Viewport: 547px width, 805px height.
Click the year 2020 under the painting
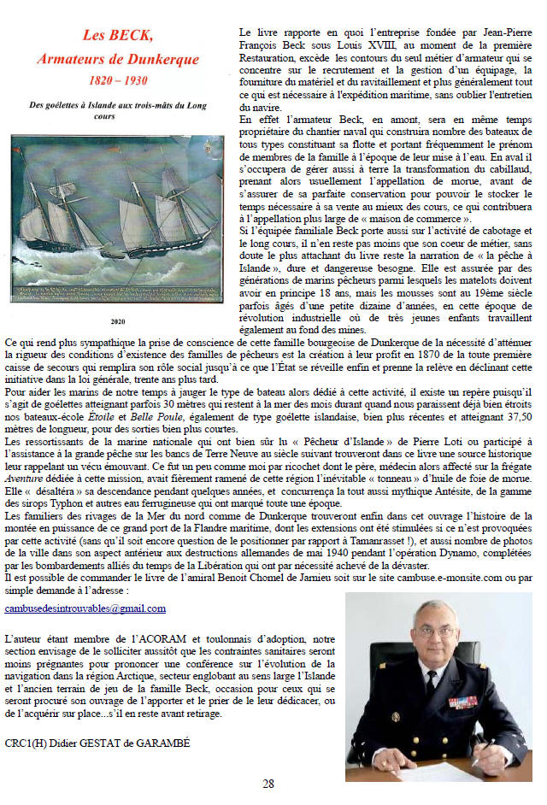click(x=118, y=322)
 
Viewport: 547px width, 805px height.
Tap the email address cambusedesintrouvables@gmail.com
click(x=85, y=608)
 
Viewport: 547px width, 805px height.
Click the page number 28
click(x=268, y=784)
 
